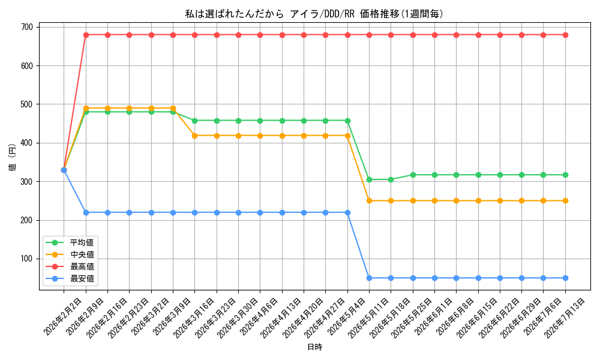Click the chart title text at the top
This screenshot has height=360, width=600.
(x=314, y=14)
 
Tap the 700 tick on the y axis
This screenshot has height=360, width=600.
(x=28, y=27)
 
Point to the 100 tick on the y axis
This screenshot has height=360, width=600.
(x=28, y=259)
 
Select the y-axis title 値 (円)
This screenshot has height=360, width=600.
(x=13, y=157)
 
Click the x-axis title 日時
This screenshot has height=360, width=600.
(x=314, y=347)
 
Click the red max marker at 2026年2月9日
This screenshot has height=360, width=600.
(x=86, y=35)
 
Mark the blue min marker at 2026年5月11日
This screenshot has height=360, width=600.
(x=369, y=278)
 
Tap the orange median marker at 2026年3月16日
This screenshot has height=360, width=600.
(x=194, y=136)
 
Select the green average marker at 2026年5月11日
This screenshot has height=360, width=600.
(x=369, y=179)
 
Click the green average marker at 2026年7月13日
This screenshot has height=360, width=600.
(x=565, y=175)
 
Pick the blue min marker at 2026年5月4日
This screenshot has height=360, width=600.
(x=347, y=213)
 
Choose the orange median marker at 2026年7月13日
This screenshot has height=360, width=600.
(x=565, y=201)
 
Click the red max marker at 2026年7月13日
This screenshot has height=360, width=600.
(x=565, y=35)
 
